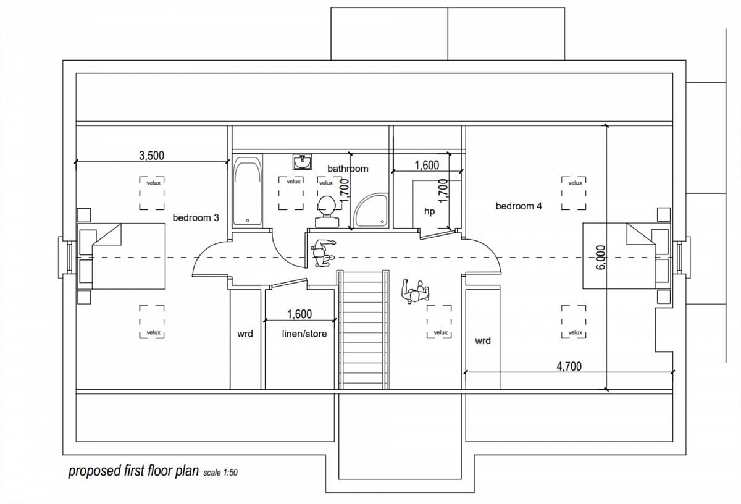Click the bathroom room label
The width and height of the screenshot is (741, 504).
click(348, 169)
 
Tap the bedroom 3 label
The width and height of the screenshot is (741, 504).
click(196, 218)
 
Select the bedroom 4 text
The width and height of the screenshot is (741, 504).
click(519, 206)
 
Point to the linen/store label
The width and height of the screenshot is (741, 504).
click(304, 334)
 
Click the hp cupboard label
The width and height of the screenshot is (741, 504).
click(429, 211)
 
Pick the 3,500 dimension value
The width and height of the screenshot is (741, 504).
click(151, 156)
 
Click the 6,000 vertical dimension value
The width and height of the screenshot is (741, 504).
click(601, 257)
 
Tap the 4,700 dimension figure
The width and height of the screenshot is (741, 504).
click(569, 366)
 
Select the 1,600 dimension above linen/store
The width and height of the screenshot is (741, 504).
click(299, 314)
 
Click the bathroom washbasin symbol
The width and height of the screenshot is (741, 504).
click(302, 162)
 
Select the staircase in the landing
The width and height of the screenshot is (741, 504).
click(363, 330)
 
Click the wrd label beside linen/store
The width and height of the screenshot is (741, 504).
click(245, 334)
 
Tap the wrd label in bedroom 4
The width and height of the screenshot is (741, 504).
click(483, 341)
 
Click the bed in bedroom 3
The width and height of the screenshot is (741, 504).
click(122, 256)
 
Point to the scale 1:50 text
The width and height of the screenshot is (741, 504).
click(220, 472)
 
